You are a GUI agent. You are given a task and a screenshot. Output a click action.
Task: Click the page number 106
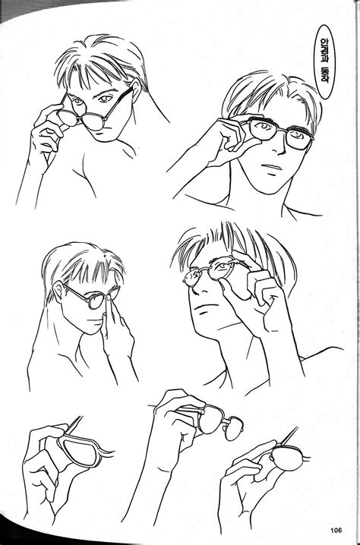(x=336, y=530)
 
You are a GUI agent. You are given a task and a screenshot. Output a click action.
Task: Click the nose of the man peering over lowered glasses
(x=109, y=116)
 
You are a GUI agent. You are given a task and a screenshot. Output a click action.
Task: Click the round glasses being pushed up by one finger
(x=90, y=299)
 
